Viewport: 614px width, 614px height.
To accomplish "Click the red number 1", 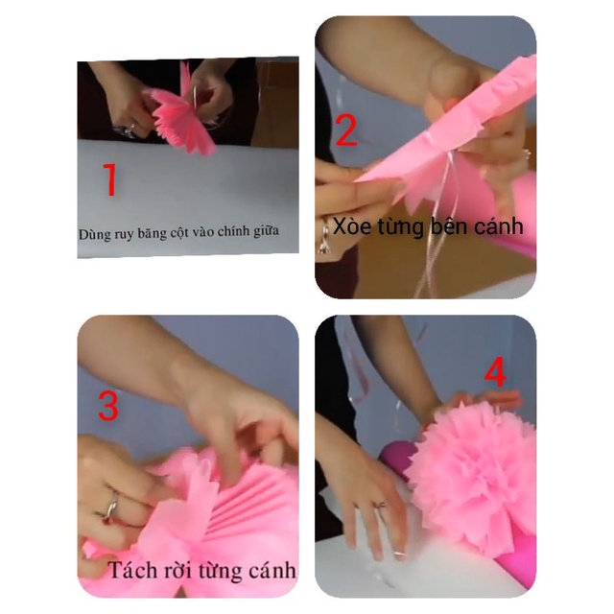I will pos(110,180).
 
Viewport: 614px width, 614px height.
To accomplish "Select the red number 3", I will pos(108,406).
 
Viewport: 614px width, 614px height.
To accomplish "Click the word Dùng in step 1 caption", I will pos(97,233).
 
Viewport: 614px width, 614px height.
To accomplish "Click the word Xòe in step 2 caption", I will pos(355,227).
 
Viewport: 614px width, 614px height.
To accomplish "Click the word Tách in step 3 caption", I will pos(130,571).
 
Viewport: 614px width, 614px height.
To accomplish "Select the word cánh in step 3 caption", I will pos(270,572).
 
